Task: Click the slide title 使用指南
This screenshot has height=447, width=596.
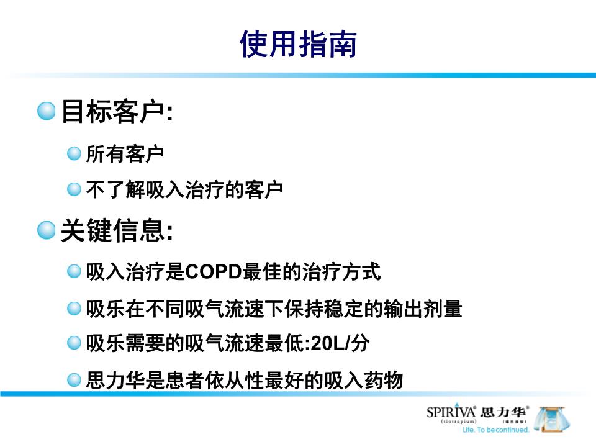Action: coord(298,44)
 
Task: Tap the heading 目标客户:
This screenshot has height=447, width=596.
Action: coord(116,112)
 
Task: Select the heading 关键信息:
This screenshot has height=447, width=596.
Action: coord(116,231)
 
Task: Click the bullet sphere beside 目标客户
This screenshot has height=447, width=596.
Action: coord(46,112)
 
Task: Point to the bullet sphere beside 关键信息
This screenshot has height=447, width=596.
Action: coord(46,230)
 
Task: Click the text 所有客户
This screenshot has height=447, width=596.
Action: coord(125,154)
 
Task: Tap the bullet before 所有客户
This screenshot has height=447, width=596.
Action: coord(74,153)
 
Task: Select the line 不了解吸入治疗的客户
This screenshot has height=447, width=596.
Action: coord(184,189)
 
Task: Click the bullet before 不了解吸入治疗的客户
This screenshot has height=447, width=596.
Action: coord(74,189)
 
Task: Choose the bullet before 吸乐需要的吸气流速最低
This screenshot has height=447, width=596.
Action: coord(74,343)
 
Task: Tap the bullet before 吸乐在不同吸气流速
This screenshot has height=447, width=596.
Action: coord(74,307)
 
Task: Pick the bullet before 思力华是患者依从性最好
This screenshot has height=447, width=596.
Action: coord(74,379)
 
